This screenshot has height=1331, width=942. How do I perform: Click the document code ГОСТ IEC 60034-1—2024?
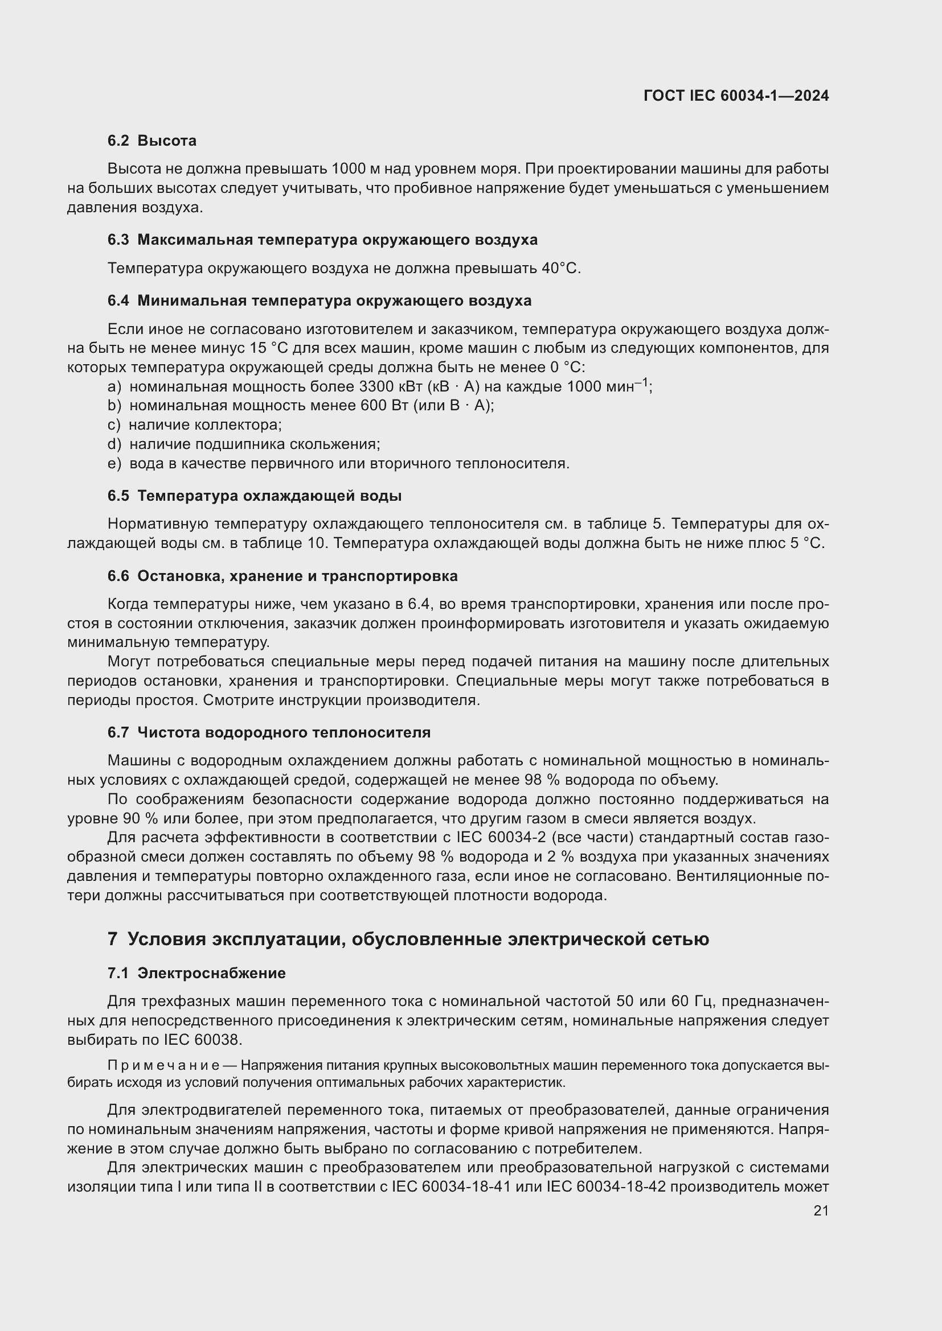pos(735,96)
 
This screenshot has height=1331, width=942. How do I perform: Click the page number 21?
pos(821,1210)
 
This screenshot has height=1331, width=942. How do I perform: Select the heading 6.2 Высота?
pos(152,141)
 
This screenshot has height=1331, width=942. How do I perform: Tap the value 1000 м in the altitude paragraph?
pos(356,169)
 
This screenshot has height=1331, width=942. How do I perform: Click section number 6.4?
pos(118,301)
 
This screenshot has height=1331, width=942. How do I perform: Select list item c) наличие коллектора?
pos(195,425)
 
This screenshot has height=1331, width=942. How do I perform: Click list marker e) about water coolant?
pos(114,464)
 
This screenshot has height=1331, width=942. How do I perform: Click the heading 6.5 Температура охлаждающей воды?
pos(255,496)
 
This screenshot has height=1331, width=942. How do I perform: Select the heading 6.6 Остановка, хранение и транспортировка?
pos(282,576)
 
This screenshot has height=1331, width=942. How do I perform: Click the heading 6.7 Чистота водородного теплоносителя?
pos(269,733)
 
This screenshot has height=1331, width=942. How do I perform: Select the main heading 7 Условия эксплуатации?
pos(408,939)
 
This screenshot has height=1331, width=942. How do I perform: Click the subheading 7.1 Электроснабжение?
pos(196,973)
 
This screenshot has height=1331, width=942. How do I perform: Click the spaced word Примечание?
pos(163,1065)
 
